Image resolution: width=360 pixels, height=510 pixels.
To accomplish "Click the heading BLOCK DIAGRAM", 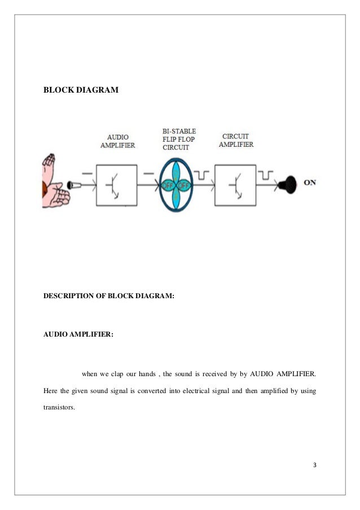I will tap(81, 89).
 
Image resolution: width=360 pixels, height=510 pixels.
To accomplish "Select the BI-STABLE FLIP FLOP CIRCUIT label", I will tap(179, 140).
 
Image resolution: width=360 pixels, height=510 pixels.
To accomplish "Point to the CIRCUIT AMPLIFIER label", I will tap(237, 140).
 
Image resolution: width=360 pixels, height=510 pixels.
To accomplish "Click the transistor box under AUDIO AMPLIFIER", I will tap(116, 185).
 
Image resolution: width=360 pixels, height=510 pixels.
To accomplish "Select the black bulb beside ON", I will tap(289, 183).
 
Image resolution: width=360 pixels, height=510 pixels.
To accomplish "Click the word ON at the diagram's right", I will tap(310, 182).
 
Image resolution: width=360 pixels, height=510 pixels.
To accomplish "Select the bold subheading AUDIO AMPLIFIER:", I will tap(78, 334).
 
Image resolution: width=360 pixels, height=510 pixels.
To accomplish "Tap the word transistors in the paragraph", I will tap(59, 404).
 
